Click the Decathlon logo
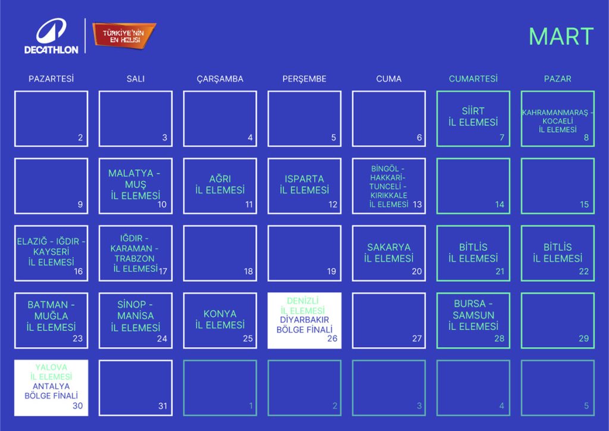51,36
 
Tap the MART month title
561,37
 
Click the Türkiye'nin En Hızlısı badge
124,36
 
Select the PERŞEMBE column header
304,79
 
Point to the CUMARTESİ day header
473,79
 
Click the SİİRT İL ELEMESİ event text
473,116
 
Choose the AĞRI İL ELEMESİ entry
219,185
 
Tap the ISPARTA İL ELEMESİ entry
304,185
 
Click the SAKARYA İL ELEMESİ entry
388,252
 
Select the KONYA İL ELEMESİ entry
219,319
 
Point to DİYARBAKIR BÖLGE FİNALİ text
304,324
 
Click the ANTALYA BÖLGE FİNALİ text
51,391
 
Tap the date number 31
163,406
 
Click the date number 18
248,271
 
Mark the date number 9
80,205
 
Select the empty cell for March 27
388,320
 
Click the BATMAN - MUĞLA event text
51,316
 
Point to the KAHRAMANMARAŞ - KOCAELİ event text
557,121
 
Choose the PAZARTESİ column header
51,79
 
